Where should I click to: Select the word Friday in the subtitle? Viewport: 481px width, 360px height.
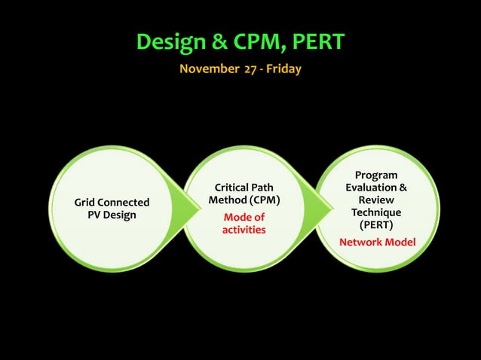(x=285, y=69)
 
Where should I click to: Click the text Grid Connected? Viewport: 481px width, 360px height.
(x=111, y=203)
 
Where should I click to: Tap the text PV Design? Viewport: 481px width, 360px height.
(x=112, y=215)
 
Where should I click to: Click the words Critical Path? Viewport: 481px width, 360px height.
(x=244, y=188)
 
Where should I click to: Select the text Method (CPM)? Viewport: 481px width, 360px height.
(x=244, y=201)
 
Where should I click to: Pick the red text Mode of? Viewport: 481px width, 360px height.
(x=244, y=217)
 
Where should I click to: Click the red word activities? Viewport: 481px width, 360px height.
(x=244, y=230)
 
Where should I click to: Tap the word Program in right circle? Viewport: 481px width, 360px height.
(x=376, y=175)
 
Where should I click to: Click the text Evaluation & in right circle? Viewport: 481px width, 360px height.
(x=376, y=188)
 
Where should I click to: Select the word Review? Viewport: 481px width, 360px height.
(x=376, y=200)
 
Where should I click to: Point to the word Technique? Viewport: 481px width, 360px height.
(x=376, y=213)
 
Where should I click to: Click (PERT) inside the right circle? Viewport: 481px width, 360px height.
(x=376, y=225)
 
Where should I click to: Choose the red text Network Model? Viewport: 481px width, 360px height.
(x=377, y=242)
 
